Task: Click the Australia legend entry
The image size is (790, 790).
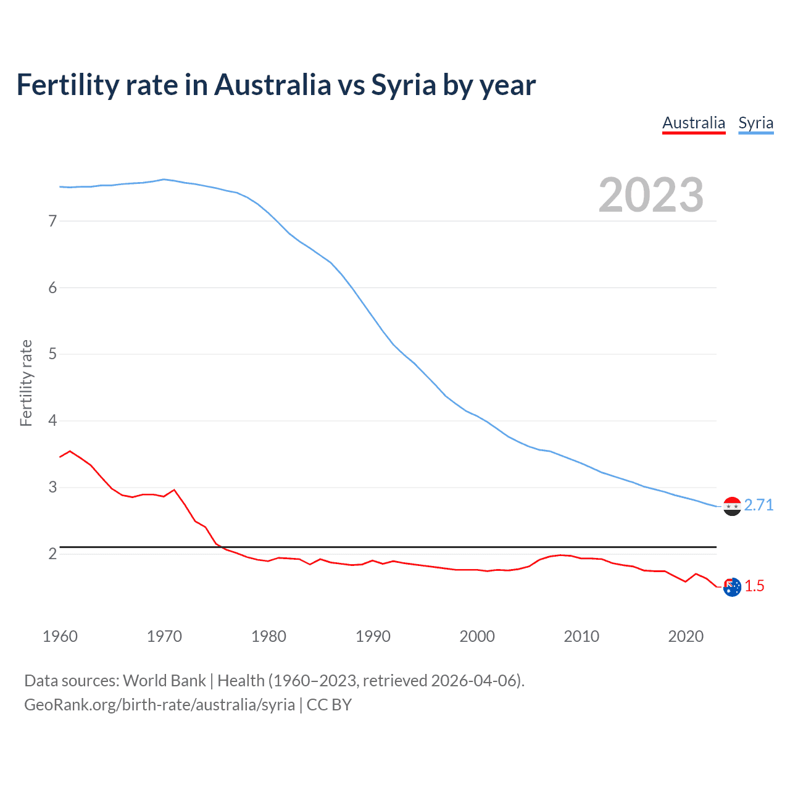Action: click(694, 123)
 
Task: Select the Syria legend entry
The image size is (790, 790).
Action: click(755, 123)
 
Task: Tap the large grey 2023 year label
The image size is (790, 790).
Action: click(651, 195)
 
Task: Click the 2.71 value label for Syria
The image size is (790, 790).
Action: click(759, 505)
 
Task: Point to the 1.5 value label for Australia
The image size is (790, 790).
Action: click(754, 586)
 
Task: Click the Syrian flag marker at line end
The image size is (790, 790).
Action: click(732, 506)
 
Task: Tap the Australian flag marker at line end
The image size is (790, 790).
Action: click(732, 587)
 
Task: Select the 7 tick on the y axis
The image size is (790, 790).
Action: click(52, 221)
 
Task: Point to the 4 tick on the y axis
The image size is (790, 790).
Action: click(52, 421)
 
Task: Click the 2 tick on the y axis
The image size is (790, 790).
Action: click(52, 554)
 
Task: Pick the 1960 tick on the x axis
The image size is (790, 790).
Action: click(60, 636)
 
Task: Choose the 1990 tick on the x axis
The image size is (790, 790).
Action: click(373, 636)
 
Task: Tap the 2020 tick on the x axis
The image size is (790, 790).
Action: click(686, 636)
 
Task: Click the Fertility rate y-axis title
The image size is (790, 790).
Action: click(26, 383)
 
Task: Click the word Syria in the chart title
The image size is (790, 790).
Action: click(404, 85)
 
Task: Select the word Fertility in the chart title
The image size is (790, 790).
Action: click(67, 85)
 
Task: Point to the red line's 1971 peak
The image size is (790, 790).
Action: click(174, 490)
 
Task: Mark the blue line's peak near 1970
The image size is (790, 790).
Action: click(164, 180)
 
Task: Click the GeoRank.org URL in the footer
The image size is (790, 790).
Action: click(159, 705)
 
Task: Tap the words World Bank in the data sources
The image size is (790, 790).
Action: click(164, 681)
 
